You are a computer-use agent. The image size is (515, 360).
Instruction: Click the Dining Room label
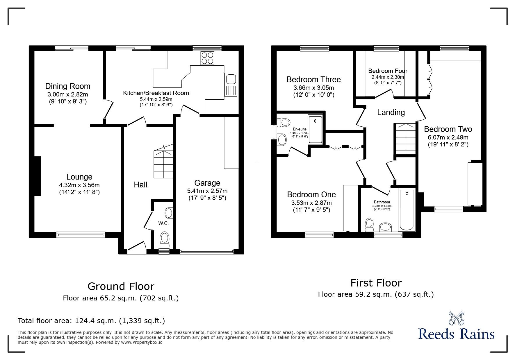[67, 86]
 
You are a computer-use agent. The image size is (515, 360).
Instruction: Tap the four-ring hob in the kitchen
[207, 58]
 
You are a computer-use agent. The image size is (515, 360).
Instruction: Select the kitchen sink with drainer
[231, 85]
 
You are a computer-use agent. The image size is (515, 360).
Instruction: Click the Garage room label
[207, 183]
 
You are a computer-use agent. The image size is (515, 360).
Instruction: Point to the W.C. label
[163, 223]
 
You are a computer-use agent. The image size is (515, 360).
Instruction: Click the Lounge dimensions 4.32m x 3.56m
[79, 185]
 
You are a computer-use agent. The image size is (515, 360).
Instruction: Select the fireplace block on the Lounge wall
[38, 176]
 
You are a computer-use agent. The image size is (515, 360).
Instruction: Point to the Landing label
[391, 112]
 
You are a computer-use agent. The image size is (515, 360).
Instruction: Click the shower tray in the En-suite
[315, 129]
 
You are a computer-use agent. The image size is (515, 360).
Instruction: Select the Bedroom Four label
[388, 71]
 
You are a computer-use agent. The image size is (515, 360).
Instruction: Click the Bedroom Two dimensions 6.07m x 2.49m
[448, 137]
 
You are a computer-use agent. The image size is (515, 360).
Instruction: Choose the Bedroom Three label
[313, 79]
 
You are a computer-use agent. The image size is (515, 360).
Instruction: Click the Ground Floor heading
[121, 286]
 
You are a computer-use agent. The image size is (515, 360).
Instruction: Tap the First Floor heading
[376, 283]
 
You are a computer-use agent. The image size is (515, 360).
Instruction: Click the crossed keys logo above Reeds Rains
[456, 318]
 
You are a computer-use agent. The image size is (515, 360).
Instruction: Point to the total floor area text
[91, 321]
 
